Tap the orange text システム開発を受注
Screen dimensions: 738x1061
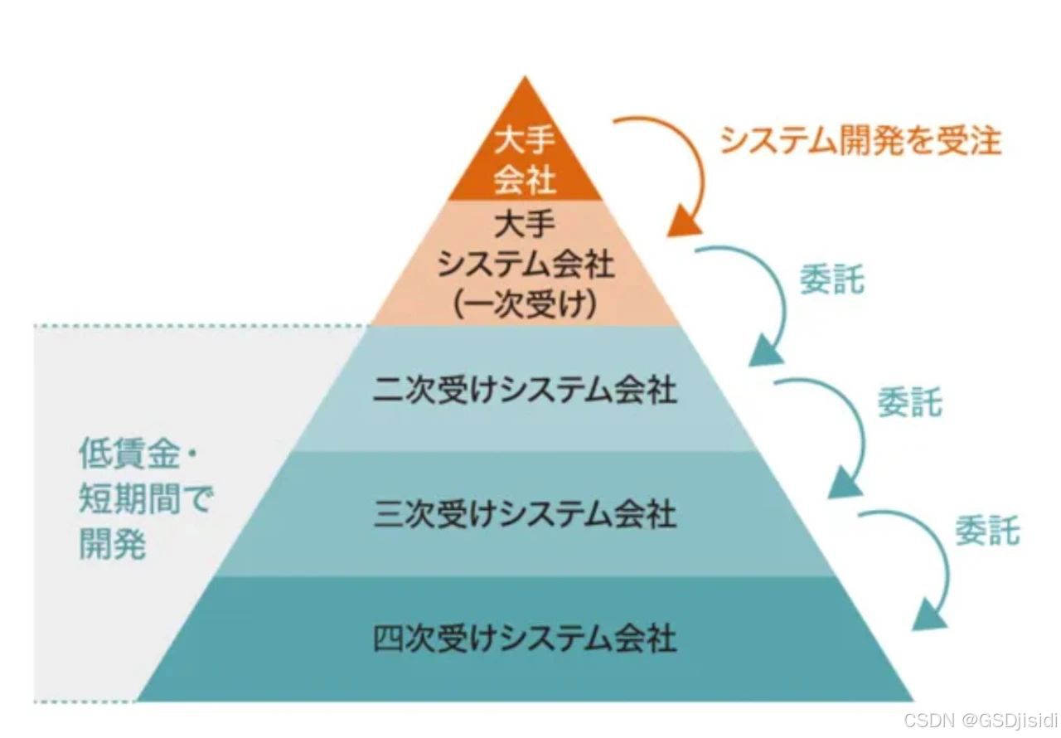coord(860,141)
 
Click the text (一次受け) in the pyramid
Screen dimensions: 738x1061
coord(525,305)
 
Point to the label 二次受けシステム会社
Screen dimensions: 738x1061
coord(525,390)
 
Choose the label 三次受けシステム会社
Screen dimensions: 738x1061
coord(525,514)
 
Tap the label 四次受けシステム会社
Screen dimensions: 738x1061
coord(525,638)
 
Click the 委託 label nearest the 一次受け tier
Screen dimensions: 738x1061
coord(831,280)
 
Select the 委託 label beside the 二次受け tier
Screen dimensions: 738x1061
coord(909,403)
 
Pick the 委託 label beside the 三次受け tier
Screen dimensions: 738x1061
coord(986,530)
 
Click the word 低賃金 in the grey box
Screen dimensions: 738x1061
coord(126,454)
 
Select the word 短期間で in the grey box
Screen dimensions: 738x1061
coord(146,499)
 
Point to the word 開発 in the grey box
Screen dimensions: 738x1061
coord(113,544)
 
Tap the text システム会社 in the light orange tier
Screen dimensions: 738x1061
coord(525,265)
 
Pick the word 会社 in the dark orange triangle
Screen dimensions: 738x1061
coord(524,177)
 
